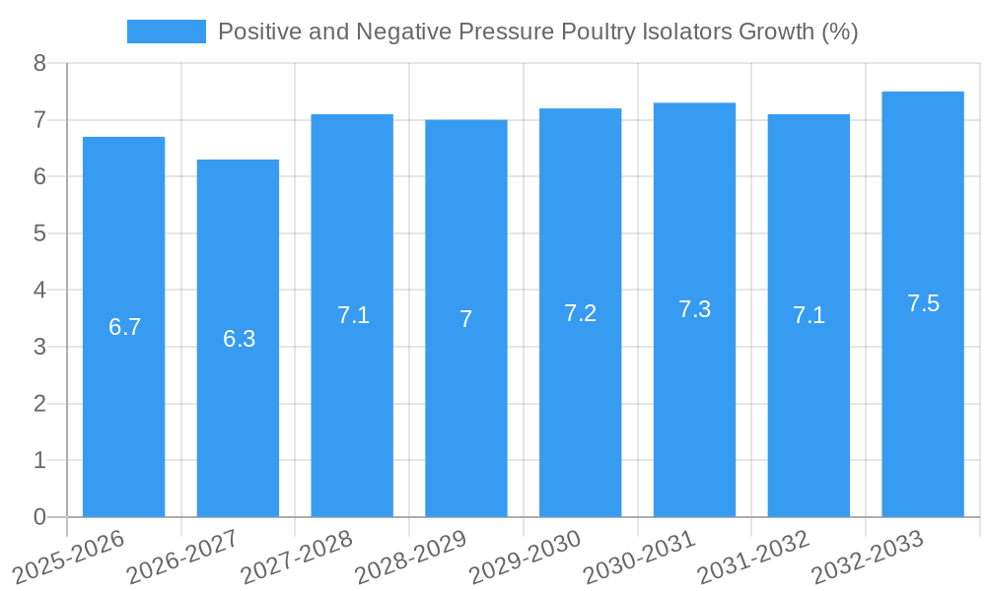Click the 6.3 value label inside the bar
tap(239, 339)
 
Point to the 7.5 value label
tap(923, 303)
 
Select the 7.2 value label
tap(580, 313)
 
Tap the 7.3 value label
tap(694, 309)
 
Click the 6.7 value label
tap(124, 327)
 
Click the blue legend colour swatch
tap(166, 32)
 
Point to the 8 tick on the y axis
tap(39, 63)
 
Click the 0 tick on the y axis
tap(39, 517)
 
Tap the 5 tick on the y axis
tap(39, 233)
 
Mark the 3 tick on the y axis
tap(39, 347)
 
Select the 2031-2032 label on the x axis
tap(754, 557)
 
